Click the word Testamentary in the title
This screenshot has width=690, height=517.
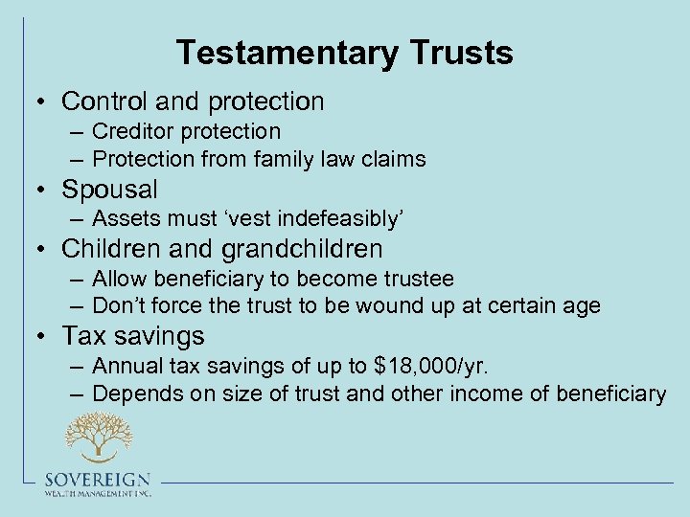(267, 53)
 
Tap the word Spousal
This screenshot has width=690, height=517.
(109, 189)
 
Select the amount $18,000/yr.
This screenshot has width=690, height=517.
(434, 367)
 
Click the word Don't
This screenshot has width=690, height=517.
(119, 306)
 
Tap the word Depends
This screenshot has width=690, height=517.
(133, 393)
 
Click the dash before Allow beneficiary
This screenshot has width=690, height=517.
(77, 280)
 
